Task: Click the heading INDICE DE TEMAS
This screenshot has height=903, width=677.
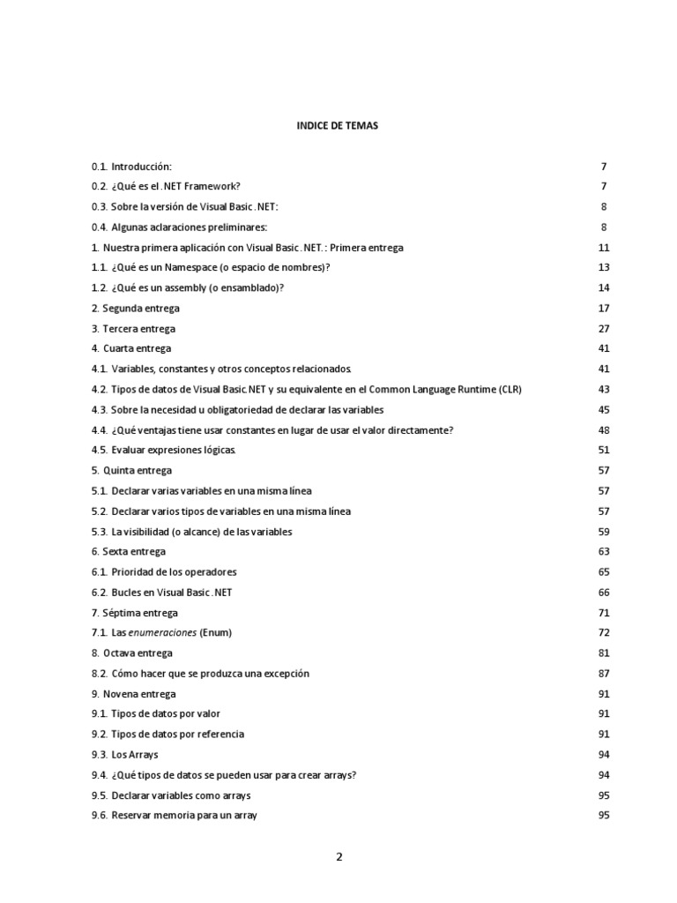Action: [x=338, y=126]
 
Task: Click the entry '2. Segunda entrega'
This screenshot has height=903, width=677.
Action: [x=135, y=309]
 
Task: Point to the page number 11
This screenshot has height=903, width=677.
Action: [x=604, y=248]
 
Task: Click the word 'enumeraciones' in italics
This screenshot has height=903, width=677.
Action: [x=165, y=633]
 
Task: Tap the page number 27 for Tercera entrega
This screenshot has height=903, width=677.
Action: [x=604, y=329]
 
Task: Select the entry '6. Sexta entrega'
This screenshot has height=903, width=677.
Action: [x=128, y=552]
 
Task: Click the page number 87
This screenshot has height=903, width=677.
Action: [x=604, y=674]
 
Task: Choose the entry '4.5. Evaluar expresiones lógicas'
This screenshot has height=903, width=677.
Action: [x=163, y=451]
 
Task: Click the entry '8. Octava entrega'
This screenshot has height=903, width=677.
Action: [x=132, y=653]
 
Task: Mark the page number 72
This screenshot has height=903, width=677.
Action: [x=604, y=633]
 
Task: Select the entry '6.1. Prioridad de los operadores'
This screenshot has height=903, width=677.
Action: [x=163, y=572]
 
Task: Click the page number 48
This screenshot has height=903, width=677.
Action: [x=604, y=430]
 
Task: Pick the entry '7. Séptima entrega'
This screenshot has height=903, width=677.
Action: [x=134, y=613]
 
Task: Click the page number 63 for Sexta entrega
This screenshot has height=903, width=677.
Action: [x=604, y=552]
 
